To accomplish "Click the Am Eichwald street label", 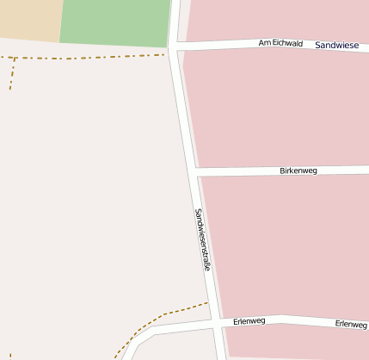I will (x=280, y=43).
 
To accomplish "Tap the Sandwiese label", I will (x=337, y=44).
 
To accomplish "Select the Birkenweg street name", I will (x=298, y=171).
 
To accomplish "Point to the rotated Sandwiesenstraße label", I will (x=203, y=240).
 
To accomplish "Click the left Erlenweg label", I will (x=249, y=321).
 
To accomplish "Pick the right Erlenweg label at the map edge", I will (x=351, y=325).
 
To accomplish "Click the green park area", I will (x=115, y=22).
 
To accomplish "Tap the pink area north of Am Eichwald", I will (x=275, y=17).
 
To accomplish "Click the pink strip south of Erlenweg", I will (x=297, y=344).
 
